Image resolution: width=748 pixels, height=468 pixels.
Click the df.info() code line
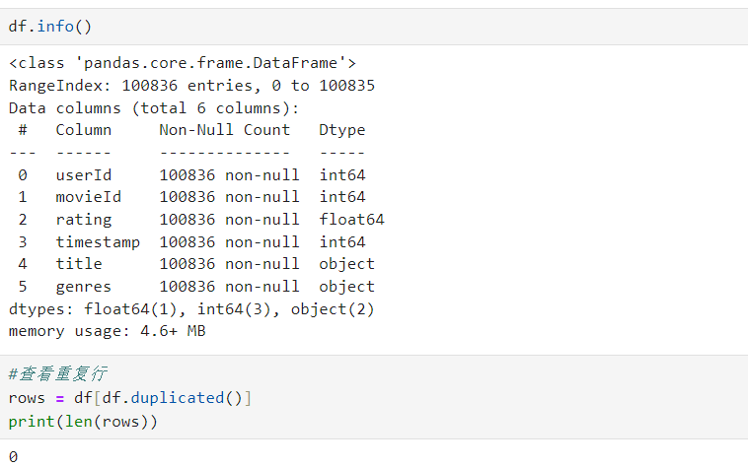[49, 26]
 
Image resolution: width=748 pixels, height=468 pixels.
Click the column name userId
[83, 175]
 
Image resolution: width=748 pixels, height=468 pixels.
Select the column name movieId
[88, 197]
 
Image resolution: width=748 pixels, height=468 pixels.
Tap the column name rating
[83, 220]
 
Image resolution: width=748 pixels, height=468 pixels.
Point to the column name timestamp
[97, 241]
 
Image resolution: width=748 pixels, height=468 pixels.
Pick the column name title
[78, 264]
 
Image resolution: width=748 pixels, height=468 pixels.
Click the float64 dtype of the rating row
[351, 220]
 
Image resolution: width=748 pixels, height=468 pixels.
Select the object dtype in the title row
[346, 264]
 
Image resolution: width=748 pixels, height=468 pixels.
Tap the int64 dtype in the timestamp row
[341, 241]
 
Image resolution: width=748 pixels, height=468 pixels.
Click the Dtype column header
[341, 130]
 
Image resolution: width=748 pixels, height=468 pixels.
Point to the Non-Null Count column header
[224, 130]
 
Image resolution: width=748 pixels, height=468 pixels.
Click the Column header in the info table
[83, 130]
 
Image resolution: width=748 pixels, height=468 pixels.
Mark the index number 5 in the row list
[23, 287]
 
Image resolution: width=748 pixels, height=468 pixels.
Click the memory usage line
[107, 332]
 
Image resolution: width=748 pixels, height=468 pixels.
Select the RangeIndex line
[191, 86]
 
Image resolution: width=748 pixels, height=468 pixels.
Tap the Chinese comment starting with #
[57, 374]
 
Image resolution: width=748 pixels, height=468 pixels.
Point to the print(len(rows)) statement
[83, 422]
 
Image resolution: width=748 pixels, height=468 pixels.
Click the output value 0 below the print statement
[13, 456]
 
